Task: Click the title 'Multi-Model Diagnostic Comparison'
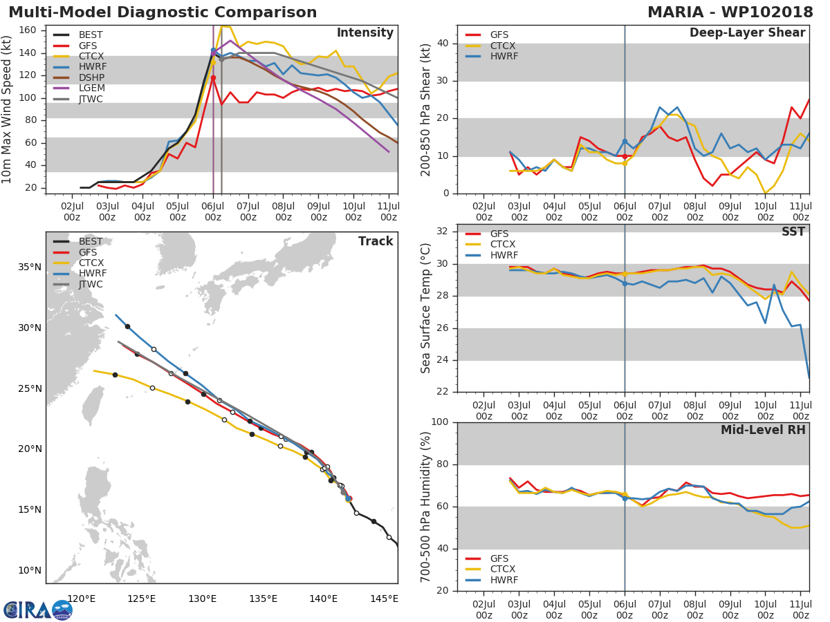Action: click(x=163, y=12)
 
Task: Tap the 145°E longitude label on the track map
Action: click(x=385, y=599)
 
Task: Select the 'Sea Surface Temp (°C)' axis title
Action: click(x=426, y=308)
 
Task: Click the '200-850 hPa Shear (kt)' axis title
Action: click(x=426, y=109)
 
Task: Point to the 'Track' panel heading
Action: click(x=375, y=242)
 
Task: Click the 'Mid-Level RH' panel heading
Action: click(x=763, y=430)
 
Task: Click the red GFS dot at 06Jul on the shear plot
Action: click(x=625, y=156)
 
